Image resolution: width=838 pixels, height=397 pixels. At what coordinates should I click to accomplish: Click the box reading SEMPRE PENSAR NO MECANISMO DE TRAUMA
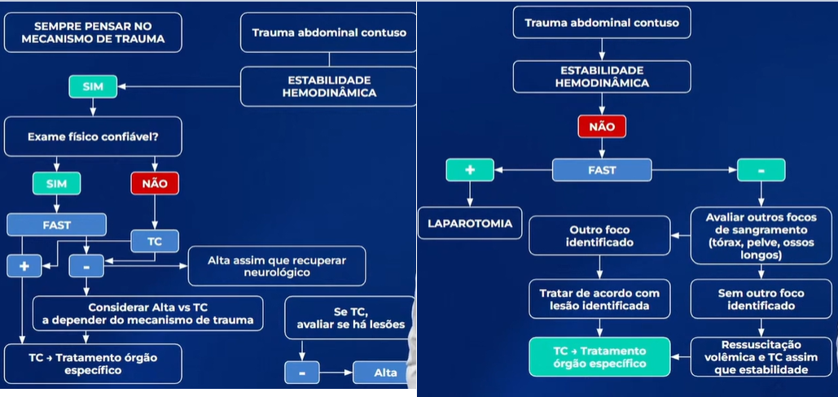(92, 33)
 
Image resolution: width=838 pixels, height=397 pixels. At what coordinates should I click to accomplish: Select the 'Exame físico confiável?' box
(92, 137)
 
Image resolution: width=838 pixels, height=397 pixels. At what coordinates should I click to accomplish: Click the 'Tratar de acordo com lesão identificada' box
(599, 299)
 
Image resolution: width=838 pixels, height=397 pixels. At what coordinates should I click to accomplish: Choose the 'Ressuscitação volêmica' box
(761, 356)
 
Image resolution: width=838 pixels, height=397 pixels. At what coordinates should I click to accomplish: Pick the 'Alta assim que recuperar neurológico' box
(277, 266)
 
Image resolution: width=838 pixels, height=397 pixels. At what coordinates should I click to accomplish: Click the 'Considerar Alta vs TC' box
(147, 313)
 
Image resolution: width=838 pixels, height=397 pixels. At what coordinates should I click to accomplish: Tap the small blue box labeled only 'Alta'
(386, 372)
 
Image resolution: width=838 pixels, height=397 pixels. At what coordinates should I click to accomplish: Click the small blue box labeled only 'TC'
(155, 241)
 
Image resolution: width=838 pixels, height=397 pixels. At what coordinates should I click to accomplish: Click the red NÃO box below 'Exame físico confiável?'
(155, 183)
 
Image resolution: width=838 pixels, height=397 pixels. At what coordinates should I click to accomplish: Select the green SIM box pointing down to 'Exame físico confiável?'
(93, 85)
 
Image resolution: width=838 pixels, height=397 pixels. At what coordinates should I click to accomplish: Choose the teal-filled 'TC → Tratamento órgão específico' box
(599, 356)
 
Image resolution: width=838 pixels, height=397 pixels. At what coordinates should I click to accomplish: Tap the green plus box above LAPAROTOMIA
(470, 170)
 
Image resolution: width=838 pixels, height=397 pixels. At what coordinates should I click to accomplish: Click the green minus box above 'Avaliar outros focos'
(761, 170)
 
